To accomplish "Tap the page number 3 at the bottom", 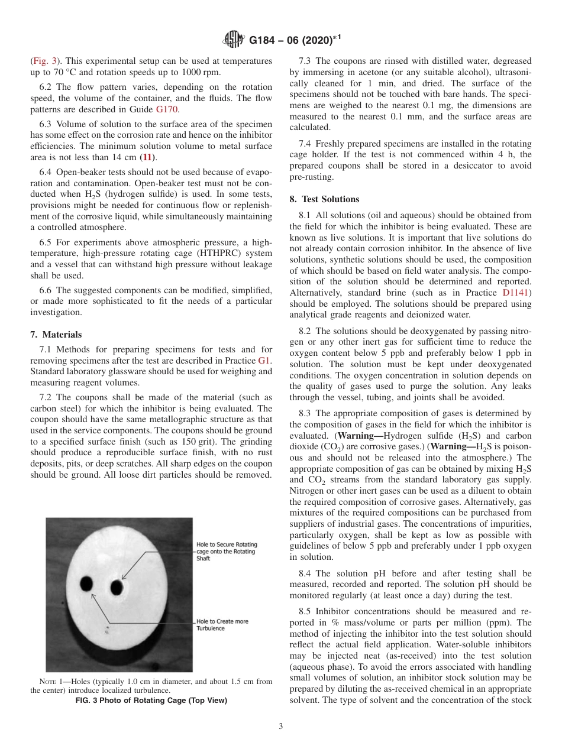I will click(x=280, y=726).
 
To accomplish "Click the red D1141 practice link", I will click(x=516, y=293).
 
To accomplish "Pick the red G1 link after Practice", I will click(x=265, y=360).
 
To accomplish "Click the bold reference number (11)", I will click(x=148, y=157).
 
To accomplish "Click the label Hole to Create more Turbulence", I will click(x=222, y=625).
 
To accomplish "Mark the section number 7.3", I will click(x=306, y=61).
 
